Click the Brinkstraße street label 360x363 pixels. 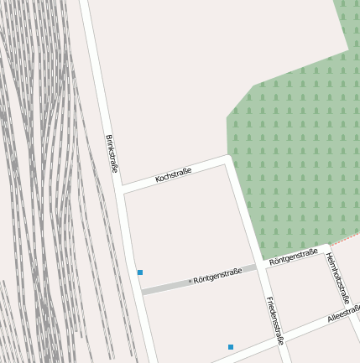point(112,153)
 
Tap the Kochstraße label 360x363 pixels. point(174,175)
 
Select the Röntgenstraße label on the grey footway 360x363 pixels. point(217,275)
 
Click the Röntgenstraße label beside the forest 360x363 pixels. point(293,257)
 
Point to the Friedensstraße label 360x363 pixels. point(274,320)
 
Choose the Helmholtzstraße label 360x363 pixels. point(337,277)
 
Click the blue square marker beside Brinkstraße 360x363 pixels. point(140,272)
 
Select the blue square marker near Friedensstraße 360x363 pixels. point(231,347)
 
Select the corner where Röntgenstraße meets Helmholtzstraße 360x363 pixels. point(326,248)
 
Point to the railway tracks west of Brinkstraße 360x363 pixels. point(42,168)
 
